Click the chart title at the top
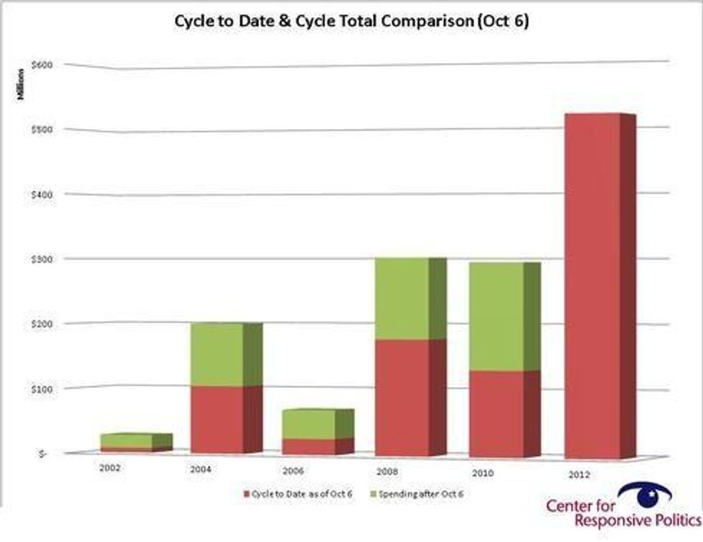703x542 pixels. point(351,21)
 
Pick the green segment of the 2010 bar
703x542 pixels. point(496,317)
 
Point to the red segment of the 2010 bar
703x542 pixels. point(496,414)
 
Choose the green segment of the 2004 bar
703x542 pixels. point(216,355)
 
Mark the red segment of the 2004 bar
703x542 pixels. point(216,419)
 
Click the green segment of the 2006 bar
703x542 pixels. point(308,424)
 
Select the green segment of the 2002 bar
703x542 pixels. point(126,440)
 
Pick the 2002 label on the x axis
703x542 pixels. point(110,467)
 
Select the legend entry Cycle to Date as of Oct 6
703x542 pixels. point(298,493)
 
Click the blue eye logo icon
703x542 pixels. point(644,493)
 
